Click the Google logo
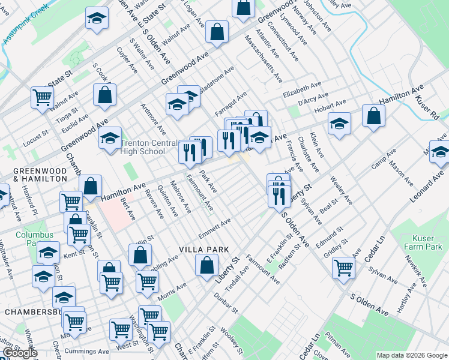(19, 353)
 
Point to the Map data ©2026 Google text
(411, 355)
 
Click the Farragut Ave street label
(232, 101)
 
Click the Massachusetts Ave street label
(263, 58)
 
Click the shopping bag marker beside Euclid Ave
(104, 94)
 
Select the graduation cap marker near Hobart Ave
(339, 124)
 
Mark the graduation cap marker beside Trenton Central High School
(110, 138)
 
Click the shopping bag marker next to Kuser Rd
(373, 115)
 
